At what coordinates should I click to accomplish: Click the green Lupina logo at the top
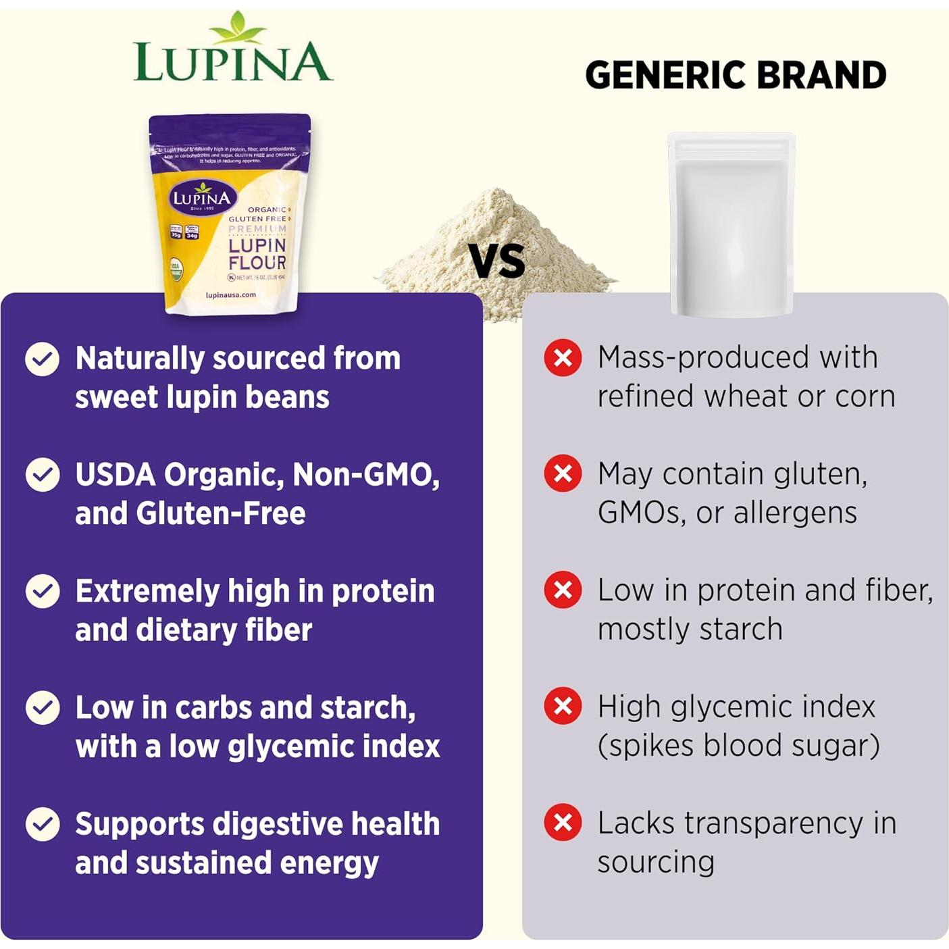point(232,51)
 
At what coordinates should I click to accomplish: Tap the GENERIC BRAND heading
point(736,75)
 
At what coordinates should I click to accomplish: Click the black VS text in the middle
point(496,261)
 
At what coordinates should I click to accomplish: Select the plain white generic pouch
point(731,223)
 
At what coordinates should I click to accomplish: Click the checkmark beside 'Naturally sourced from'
point(42,359)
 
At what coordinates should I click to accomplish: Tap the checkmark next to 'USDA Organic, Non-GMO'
point(42,475)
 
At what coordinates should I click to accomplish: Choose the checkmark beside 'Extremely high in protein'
point(42,591)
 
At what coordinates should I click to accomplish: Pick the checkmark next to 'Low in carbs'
point(42,707)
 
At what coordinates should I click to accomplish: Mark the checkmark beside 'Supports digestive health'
point(42,824)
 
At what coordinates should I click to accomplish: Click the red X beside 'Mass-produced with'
point(563,357)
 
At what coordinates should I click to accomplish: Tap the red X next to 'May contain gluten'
point(563,473)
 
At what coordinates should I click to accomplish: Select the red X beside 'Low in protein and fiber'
point(563,590)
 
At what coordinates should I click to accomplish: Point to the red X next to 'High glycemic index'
point(563,706)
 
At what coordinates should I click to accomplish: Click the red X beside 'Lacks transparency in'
point(563,823)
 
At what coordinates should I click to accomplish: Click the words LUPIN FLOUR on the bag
point(257,254)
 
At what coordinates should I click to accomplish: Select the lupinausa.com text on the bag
point(230,295)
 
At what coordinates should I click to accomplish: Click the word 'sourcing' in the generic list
point(655,863)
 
